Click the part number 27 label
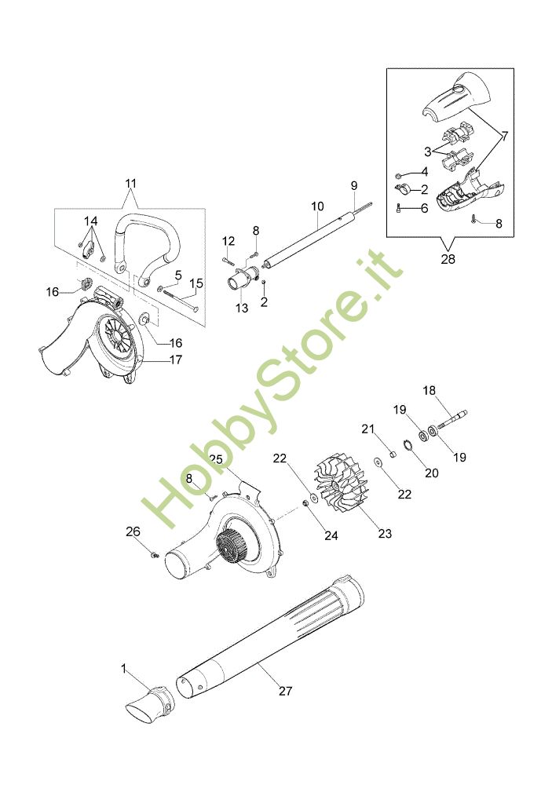pos(285,691)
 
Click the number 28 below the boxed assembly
pos(448,259)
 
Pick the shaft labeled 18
pos(452,419)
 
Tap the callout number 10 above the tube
pos(317,206)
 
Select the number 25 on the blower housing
pos(216,459)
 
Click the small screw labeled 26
pos(154,554)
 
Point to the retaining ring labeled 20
pos(408,444)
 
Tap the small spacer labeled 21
pos(393,455)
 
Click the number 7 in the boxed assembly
pos(504,136)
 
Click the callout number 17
pos(176,360)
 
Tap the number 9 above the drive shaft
pos(354,186)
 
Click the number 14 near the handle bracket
pos(90,221)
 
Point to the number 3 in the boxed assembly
pos(427,152)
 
